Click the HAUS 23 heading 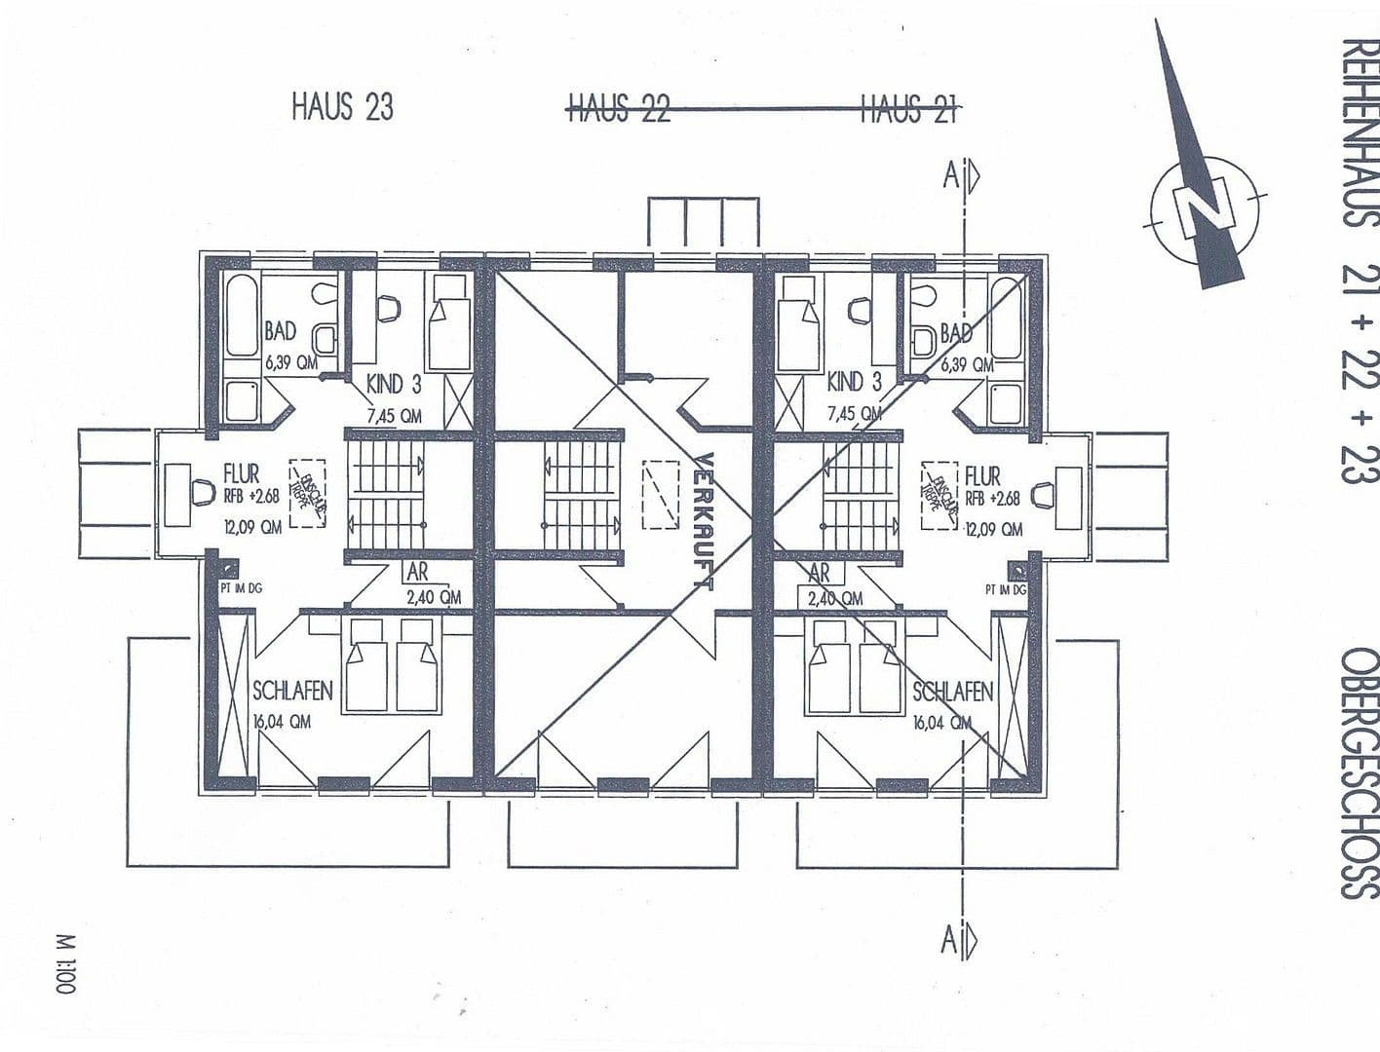(x=342, y=106)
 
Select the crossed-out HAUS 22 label (x=619, y=108)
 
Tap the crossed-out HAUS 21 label (x=907, y=108)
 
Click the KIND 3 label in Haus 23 (x=394, y=383)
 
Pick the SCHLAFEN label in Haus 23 (x=292, y=691)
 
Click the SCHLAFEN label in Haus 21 (x=952, y=692)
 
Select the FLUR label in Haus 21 (x=982, y=476)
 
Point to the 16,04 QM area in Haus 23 (x=282, y=723)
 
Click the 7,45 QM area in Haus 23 (x=394, y=416)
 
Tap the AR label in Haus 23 (x=416, y=573)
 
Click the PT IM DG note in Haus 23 (x=241, y=588)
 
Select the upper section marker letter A (x=950, y=175)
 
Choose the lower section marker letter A (x=949, y=940)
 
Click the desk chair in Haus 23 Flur (x=204, y=492)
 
